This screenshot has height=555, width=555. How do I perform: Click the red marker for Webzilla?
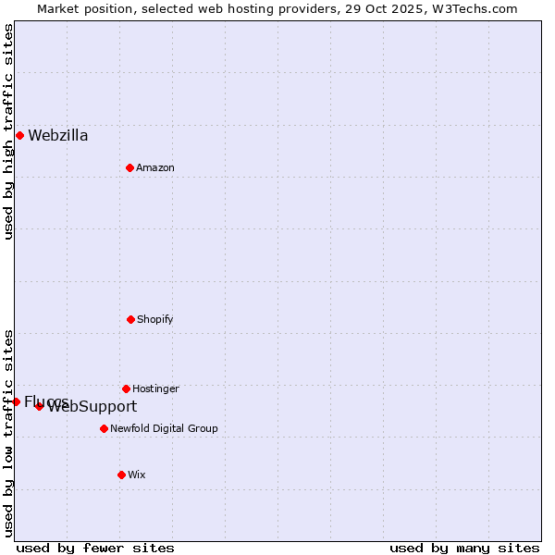[19, 135]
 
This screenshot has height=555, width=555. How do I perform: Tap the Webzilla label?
[58, 136]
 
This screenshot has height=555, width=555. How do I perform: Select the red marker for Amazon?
[129, 167]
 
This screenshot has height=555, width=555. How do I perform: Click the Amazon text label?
[155, 167]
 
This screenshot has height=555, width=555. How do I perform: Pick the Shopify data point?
[130, 319]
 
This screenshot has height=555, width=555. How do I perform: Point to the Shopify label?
[155, 319]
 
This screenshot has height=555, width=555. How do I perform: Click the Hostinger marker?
[126, 388]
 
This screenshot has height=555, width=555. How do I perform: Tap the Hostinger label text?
[155, 388]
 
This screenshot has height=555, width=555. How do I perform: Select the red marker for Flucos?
[16, 401]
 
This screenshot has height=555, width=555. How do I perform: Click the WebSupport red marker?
[39, 406]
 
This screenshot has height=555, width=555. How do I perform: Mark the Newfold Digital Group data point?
[104, 428]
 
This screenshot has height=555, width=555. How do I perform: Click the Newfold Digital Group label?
[164, 428]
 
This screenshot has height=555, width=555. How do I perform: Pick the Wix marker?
[121, 475]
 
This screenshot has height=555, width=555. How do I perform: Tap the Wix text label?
[137, 475]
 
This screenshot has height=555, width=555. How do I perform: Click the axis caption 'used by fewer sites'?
[95, 548]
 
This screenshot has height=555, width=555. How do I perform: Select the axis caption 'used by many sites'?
[464, 548]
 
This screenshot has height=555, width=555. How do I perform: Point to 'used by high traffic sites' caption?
[8, 131]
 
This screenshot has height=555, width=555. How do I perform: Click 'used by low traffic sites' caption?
[8, 433]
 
